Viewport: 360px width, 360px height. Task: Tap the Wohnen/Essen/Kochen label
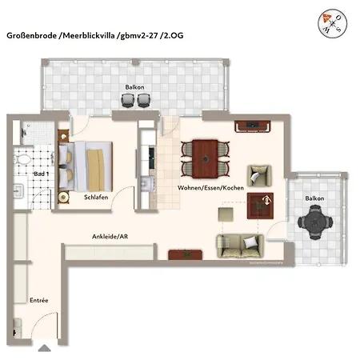tap(210, 188)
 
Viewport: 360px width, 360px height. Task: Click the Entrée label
tap(39, 300)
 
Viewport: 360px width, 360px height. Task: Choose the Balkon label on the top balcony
tap(134, 86)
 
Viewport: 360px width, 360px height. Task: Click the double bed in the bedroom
tap(90, 163)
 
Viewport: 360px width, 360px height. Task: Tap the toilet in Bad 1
tap(42, 155)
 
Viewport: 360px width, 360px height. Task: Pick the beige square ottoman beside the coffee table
tap(226, 214)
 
